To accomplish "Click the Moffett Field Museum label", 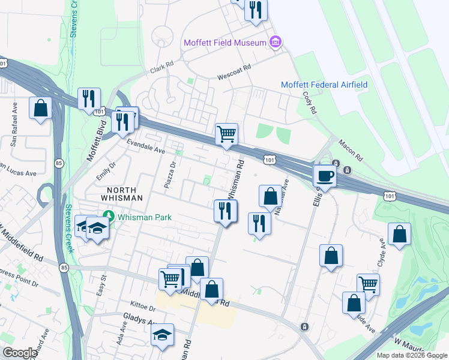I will pos(224,43).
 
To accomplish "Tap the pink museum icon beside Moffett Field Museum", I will pos(276,42).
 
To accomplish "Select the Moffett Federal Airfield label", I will pos(324,85).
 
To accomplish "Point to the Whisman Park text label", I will pos(144,217).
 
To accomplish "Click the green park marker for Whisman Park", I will pos(109,215).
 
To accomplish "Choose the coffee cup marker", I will pos(325,176).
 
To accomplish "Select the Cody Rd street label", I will pos(310,103).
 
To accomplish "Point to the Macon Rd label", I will pos(351,151).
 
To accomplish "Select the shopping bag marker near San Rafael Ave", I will pos(41,109).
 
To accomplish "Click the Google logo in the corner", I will pos(19,352).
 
